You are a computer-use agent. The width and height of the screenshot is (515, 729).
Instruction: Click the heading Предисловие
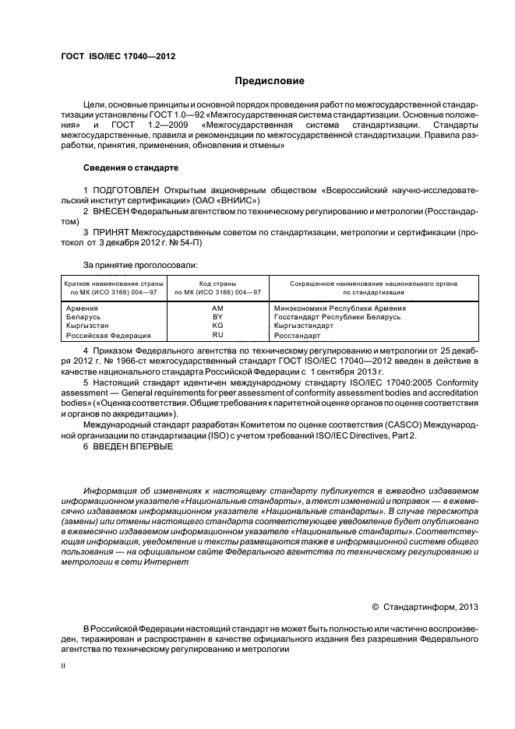270,81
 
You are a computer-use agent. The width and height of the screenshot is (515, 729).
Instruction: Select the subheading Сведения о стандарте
130,167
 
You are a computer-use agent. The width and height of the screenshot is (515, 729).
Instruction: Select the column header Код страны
217,283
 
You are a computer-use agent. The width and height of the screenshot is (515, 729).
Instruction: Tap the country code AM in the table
217,309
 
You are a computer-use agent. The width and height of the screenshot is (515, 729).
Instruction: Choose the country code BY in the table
217,318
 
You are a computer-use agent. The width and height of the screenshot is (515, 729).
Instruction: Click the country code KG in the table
217,326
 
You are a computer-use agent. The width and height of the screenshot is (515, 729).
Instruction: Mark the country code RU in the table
217,335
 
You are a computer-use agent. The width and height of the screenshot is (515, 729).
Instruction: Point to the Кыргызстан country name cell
89,326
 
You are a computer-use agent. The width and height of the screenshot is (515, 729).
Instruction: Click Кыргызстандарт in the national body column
303,326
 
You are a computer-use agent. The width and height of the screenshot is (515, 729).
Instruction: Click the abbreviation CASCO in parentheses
361,424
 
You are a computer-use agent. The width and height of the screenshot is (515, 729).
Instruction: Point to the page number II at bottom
64,666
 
